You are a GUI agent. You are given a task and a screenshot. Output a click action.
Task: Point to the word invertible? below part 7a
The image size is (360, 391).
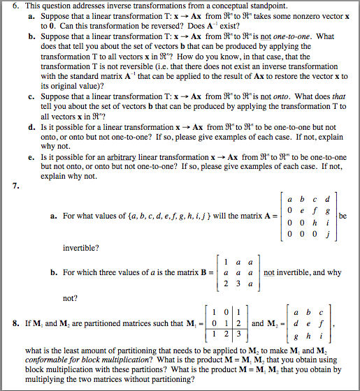(x=80, y=246)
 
